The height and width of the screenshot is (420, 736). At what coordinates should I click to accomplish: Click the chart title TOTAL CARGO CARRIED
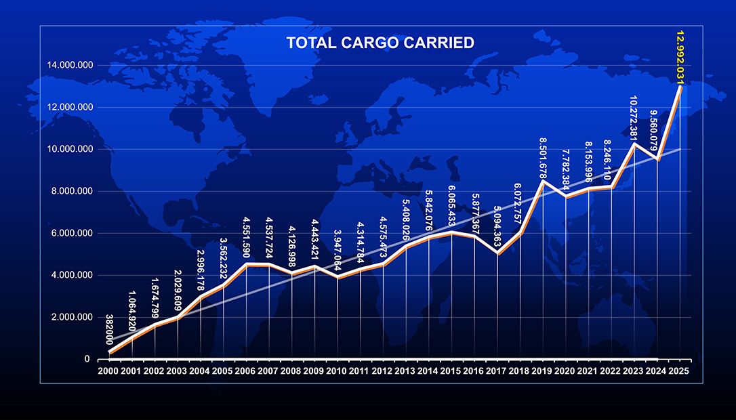click(x=380, y=43)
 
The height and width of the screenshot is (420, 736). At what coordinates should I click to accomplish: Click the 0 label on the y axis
click(x=87, y=360)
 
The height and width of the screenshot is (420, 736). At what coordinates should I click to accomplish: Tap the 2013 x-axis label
click(x=405, y=371)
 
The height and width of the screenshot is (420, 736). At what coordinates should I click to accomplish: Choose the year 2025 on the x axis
click(x=678, y=371)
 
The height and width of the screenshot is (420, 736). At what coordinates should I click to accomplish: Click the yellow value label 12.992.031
click(x=680, y=58)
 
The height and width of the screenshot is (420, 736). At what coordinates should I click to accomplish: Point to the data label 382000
click(x=110, y=330)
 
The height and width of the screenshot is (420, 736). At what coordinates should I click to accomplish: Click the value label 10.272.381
click(x=633, y=121)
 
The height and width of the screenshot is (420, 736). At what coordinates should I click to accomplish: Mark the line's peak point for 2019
click(x=542, y=181)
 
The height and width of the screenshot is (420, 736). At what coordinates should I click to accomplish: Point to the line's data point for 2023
click(x=634, y=144)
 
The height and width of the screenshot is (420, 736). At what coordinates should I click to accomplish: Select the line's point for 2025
click(x=680, y=87)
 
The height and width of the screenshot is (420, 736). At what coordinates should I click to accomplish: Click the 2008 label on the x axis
click(x=291, y=371)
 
